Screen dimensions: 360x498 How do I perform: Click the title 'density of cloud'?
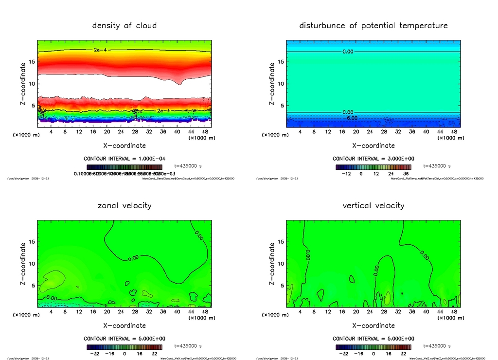click(x=124, y=25)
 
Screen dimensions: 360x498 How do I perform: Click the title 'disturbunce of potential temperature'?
click(x=373, y=25)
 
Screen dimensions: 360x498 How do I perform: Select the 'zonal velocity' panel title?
click(x=124, y=205)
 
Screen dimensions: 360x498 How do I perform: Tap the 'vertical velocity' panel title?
click(x=373, y=205)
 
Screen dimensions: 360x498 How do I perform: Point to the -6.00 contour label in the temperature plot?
click(x=351, y=118)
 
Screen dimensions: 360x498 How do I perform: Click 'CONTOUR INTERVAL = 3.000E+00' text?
click(x=373, y=159)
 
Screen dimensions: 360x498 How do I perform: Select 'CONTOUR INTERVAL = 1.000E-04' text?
click(x=124, y=159)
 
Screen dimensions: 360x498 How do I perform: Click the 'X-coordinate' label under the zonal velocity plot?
click(x=124, y=325)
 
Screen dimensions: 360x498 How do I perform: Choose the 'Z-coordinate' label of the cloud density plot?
click(x=23, y=84)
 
